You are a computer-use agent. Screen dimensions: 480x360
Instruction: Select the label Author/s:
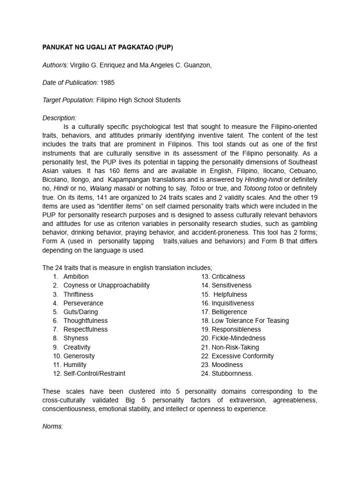[55, 66]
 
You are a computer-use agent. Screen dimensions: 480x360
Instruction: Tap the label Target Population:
[68, 100]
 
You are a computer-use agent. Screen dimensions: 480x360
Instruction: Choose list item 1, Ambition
[76, 277]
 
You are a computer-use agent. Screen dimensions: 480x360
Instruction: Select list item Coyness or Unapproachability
[106, 285]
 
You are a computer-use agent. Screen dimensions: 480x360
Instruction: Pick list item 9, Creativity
[77, 347]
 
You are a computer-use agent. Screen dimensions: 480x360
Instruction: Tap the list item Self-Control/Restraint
[94, 374]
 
